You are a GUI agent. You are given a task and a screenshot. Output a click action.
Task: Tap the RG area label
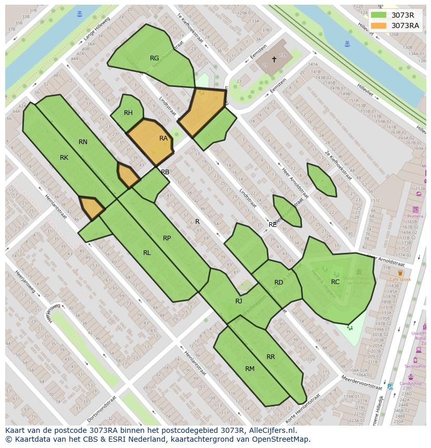click(x=154, y=58)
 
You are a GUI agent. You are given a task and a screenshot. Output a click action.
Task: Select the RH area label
click(x=128, y=113)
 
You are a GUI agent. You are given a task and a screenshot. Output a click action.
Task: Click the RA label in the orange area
click(x=163, y=138)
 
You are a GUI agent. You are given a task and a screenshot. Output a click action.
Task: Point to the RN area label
click(x=83, y=142)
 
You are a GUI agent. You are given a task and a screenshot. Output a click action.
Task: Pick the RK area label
click(x=64, y=158)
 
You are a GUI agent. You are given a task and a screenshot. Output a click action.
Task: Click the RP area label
click(x=167, y=238)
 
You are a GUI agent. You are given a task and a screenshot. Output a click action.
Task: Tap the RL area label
click(x=147, y=253)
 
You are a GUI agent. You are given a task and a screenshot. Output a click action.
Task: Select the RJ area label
click(x=238, y=301)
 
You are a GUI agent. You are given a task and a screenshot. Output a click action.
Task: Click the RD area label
click(x=278, y=283)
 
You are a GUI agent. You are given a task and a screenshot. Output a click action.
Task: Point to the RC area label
click(x=335, y=282)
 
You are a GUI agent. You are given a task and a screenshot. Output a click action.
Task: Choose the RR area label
click(x=271, y=357)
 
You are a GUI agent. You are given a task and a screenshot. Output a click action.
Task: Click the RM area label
click(x=250, y=369)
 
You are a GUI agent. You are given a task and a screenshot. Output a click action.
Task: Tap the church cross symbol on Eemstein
click(x=274, y=59)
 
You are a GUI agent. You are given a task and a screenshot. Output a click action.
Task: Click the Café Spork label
click(x=400, y=279)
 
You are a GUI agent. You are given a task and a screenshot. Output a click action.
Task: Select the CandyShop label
click(x=411, y=384)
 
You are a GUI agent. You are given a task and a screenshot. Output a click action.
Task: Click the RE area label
click(x=273, y=225)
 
